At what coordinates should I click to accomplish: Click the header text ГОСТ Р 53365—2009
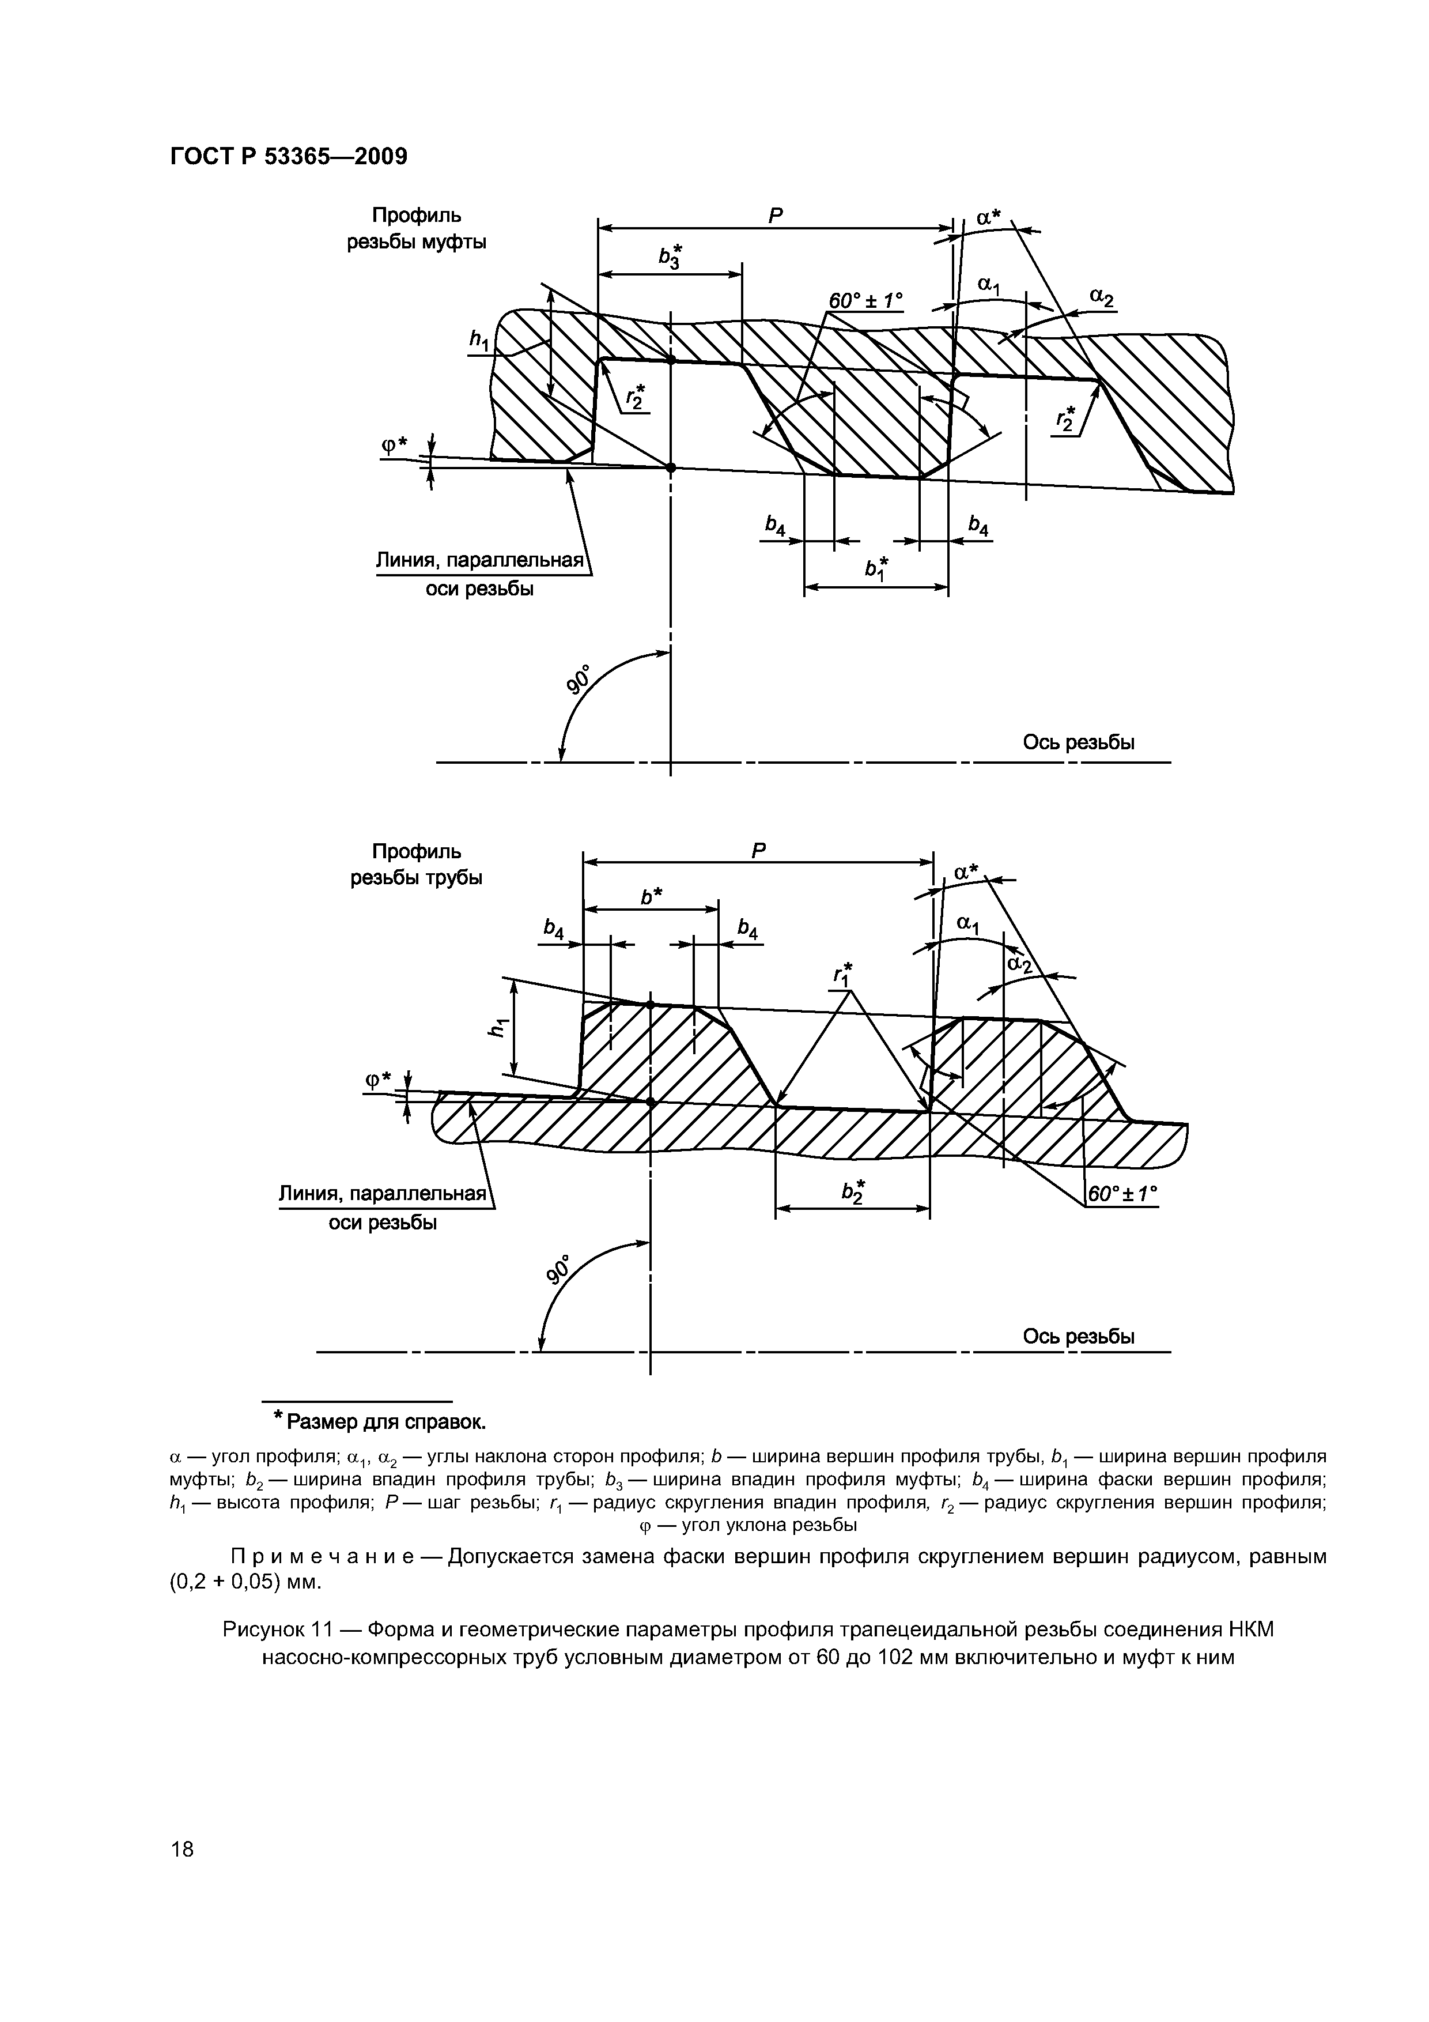tap(288, 157)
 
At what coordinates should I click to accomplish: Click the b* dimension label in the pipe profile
tap(652, 896)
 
